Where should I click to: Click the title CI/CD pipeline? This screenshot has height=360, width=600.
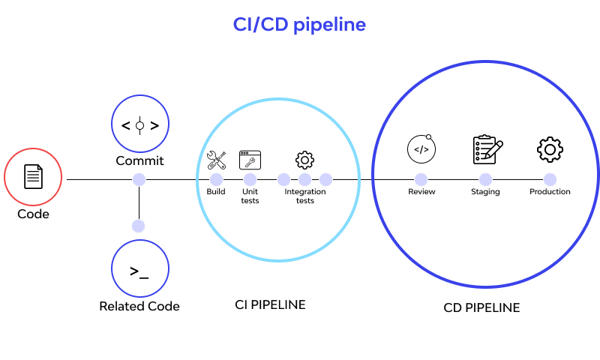pos(299,25)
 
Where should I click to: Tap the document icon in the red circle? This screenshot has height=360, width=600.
pos(33,177)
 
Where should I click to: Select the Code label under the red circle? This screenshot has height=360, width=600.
pos(33,214)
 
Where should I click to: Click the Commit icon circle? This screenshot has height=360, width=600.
pos(139,124)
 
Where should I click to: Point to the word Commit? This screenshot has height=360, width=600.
pos(139,160)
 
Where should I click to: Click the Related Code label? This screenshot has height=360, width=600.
pos(139,306)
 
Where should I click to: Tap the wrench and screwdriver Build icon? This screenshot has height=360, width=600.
pos(216,159)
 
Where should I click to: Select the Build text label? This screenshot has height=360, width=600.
pos(216,192)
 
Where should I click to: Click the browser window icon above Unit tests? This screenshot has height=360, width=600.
pos(250,159)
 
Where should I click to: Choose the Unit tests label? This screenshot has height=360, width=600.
pos(250,196)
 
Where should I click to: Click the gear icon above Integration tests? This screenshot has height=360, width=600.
pos(304,159)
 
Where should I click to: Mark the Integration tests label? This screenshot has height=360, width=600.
pos(304,196)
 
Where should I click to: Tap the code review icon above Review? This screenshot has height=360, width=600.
pos(421,148)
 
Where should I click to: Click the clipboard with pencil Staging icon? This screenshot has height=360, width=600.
pos(487,149)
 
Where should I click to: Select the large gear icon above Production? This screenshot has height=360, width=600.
pos(550,149)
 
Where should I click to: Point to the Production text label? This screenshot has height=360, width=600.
pos(550,192)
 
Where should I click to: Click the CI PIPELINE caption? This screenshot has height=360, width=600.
pos(270,304)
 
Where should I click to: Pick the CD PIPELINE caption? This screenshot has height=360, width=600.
pos(481,307)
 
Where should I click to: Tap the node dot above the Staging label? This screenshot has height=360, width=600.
pos(485,179)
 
